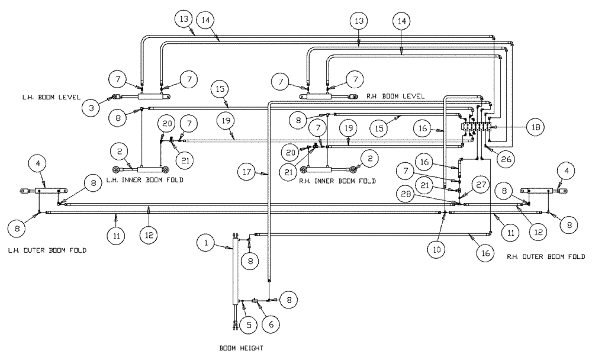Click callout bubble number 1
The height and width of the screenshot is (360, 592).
pyautogui.click(x=205, y=242)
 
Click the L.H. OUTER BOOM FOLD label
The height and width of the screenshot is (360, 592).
pyautogui.click(x=48, y=250)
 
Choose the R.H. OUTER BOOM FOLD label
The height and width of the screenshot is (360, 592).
pyautogui.click(x=546, y=256)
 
